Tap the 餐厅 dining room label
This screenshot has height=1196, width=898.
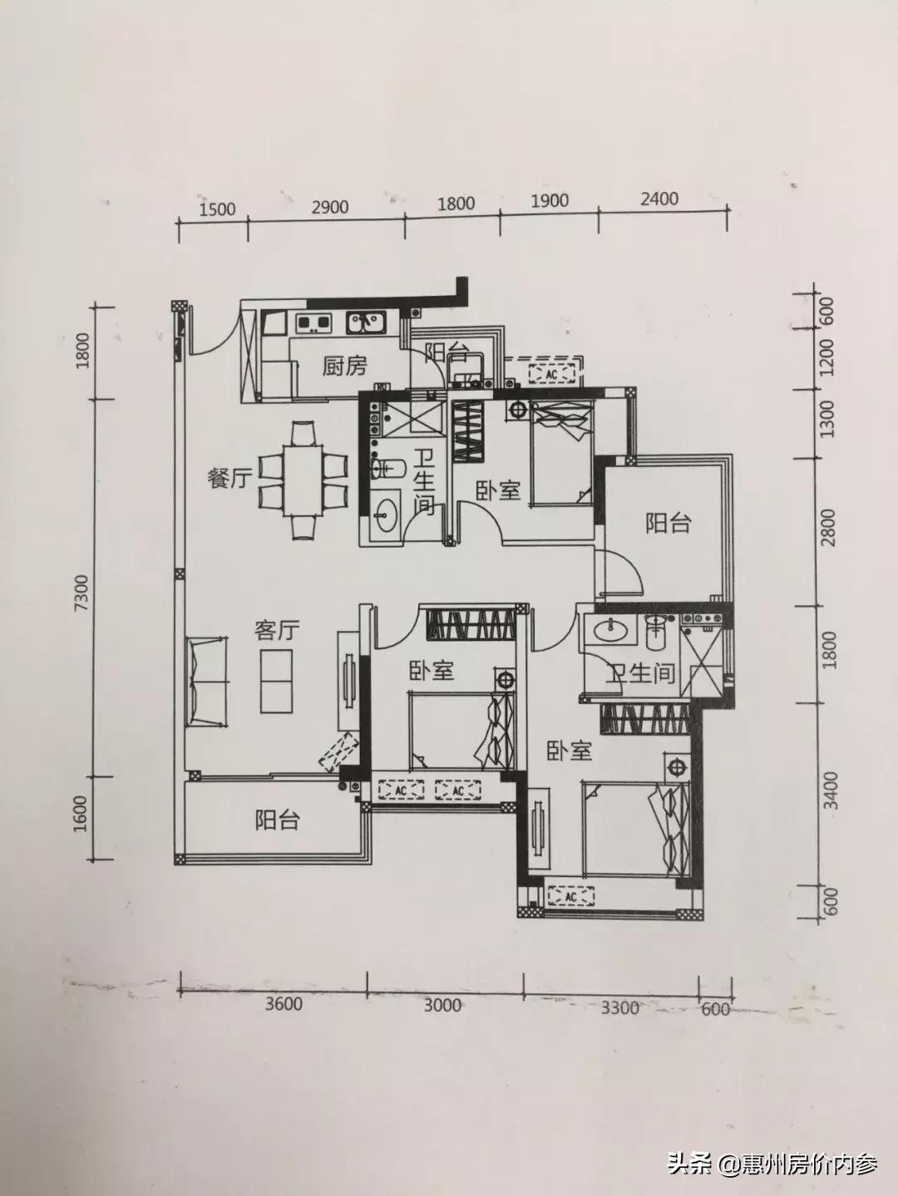[x=229, y=479]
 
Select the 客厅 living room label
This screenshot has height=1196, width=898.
[x=277, y=631]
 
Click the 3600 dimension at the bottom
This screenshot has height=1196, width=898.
[x=284, y=1004]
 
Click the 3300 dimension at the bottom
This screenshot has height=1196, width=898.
[x=619, y=1007]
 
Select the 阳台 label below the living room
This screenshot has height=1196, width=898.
[x=276, y=821]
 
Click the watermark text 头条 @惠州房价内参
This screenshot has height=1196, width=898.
[x=772, y=1164]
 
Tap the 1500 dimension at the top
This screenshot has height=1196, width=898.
[x=218, y=209]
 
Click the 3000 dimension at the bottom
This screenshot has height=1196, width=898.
[x=442, y=1006]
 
